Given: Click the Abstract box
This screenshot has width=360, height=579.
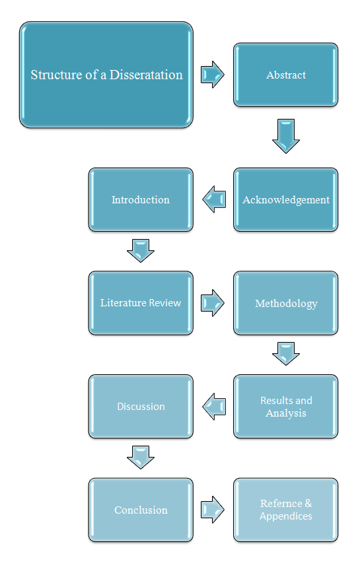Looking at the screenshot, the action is point(286,75).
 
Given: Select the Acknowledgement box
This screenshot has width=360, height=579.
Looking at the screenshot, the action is point(286,200).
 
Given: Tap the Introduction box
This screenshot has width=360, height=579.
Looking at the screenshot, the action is point(141,200).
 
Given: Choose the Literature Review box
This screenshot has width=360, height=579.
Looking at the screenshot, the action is point(141,303).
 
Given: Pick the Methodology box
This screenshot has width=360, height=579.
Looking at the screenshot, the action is point(286,303).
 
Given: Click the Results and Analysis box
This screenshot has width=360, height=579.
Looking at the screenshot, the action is point(286,407).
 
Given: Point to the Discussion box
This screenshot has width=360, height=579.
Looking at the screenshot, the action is point(141,407).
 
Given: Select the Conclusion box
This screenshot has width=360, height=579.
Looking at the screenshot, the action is point(141,510).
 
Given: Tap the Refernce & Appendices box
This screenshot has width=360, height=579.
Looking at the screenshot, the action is point(286,510).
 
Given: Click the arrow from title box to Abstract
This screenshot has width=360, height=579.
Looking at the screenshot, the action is point(213,75).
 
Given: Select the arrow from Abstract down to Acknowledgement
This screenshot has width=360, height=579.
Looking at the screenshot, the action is point(286,136).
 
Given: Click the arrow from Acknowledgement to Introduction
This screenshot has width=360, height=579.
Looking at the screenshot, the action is point(214,199).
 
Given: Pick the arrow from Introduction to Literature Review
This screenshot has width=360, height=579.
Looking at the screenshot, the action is point(141,251).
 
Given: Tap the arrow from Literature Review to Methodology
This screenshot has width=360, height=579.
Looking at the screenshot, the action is point(213,303).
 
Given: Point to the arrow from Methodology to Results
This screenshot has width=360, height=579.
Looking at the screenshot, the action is point(286,354).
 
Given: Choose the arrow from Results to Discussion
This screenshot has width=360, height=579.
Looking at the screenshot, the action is point(214,406).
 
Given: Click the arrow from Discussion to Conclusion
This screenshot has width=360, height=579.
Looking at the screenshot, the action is point(141,458).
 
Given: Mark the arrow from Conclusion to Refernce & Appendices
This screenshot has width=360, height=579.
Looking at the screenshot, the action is point(213,510).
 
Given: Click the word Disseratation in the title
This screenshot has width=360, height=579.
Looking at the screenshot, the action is point(146,75).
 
